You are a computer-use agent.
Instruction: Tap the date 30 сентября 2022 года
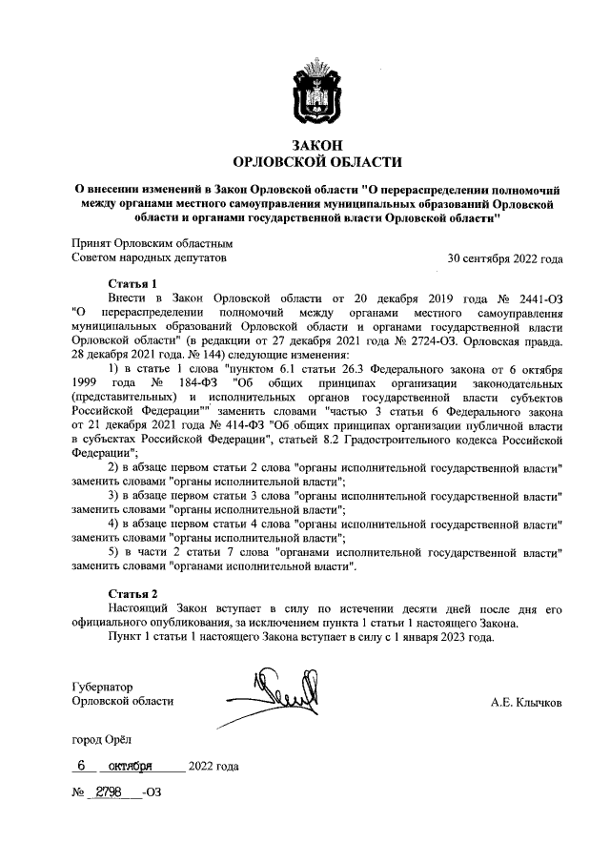(505, 258)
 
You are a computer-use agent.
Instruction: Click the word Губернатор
(103, 687)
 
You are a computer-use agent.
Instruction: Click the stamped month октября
(132, 766)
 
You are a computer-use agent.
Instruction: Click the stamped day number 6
(83, 766)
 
